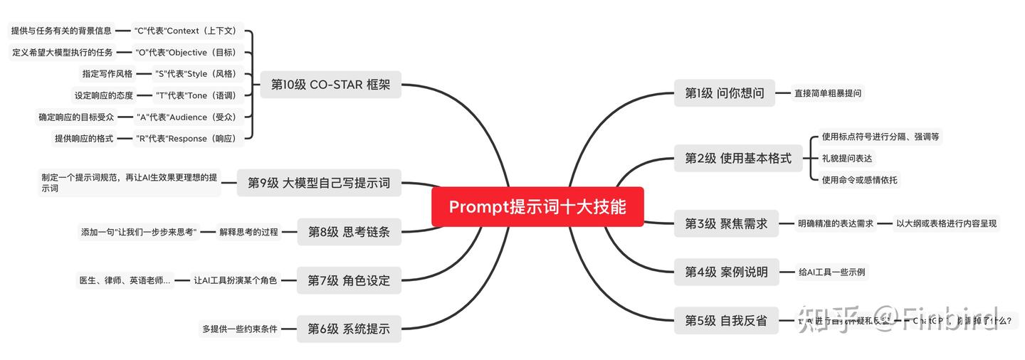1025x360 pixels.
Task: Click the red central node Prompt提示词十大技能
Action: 537,206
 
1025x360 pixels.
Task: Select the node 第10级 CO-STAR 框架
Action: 330,85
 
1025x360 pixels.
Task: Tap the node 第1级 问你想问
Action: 724,93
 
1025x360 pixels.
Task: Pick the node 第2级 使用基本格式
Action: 737,158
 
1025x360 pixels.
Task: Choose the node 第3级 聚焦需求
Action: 726,223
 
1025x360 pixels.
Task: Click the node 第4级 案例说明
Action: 726,272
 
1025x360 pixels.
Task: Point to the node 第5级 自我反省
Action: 726,321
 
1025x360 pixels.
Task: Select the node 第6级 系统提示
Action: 349,329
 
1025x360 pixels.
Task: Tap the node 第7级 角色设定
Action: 349,280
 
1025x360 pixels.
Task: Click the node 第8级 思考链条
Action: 349,232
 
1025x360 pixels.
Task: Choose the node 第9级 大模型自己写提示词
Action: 319,183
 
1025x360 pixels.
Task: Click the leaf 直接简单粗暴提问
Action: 828,93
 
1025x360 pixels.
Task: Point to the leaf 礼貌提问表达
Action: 847,158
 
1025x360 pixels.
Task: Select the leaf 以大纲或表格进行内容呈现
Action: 946,223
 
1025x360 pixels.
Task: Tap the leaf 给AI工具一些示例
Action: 833,272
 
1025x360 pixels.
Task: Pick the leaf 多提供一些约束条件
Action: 240,329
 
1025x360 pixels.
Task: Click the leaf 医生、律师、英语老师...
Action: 125,280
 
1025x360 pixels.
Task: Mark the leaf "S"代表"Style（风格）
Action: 195,73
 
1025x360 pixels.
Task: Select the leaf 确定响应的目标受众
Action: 76,117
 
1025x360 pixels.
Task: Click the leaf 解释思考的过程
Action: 248,232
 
